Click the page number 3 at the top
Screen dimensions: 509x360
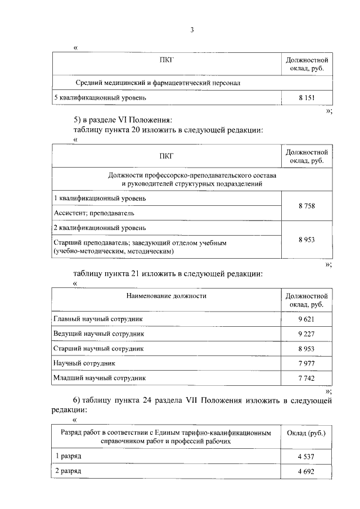click(191, 30)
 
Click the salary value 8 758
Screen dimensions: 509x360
click(306, 206)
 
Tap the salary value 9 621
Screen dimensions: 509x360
click(306, 319)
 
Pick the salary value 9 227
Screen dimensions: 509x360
click(306, 334)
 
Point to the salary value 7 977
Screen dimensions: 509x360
click(306, 363)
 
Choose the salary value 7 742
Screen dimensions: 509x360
click(306, 379)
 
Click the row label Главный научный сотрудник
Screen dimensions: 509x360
click(98, 319)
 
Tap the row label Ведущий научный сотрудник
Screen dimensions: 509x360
click(99, 334)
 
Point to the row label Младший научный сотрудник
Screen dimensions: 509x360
click(100, 378)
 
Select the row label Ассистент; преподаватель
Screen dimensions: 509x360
click(94, 213)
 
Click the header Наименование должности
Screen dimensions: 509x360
click(166, 295)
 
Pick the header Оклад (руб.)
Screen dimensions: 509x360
click(306, 433)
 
